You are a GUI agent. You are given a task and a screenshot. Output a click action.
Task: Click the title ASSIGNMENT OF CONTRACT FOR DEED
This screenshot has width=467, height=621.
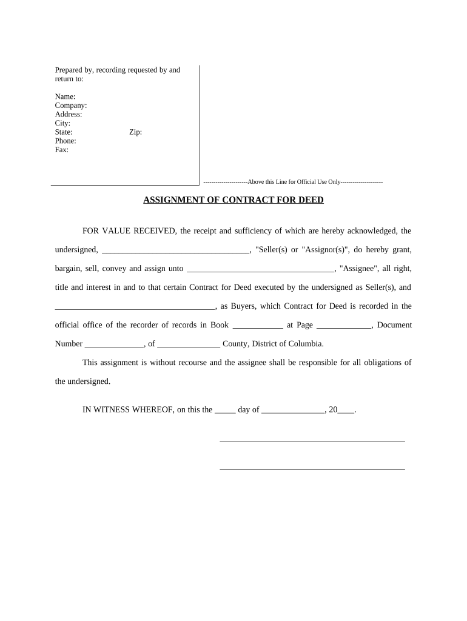click(x=233, y=200)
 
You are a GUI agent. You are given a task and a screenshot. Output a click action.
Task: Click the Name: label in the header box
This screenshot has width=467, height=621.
click(x=66, y=97)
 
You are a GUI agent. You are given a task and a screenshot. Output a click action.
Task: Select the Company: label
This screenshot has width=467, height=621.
click(x=71, y=106)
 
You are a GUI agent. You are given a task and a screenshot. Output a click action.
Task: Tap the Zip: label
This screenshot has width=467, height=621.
click(x=135, y=132)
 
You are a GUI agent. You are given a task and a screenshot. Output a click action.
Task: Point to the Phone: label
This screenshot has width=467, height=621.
click(x=66, y=141)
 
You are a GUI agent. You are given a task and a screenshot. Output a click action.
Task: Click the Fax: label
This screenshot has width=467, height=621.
click(x=62, y=150)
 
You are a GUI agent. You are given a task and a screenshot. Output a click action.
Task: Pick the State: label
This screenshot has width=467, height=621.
click(x=64, y=132)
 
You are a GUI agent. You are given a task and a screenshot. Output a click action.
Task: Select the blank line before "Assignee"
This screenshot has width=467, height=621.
click(x=260, y=269)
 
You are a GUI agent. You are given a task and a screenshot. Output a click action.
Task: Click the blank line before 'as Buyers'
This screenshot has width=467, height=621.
click(x=135, y=307)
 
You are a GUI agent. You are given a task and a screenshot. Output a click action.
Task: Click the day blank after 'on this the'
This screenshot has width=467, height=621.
click(x=225, y=411)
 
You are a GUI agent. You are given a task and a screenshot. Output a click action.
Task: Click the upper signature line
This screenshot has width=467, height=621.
click(x=312, y=440)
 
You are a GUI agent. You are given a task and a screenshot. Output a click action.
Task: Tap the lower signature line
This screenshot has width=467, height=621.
click(x=312, y=469)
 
